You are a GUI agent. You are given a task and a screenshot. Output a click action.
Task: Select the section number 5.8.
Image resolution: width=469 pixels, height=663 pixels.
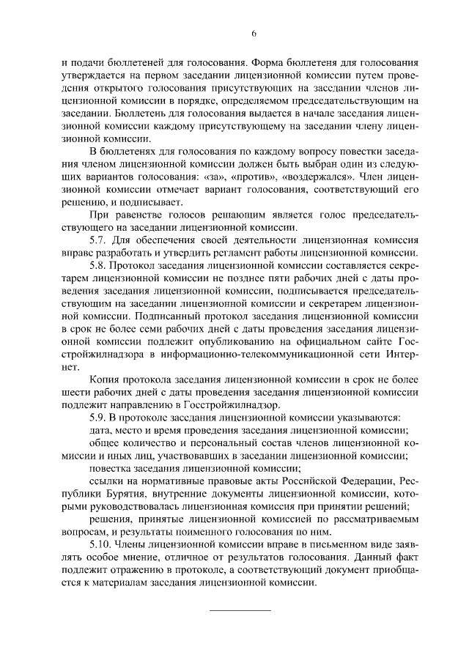97,264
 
